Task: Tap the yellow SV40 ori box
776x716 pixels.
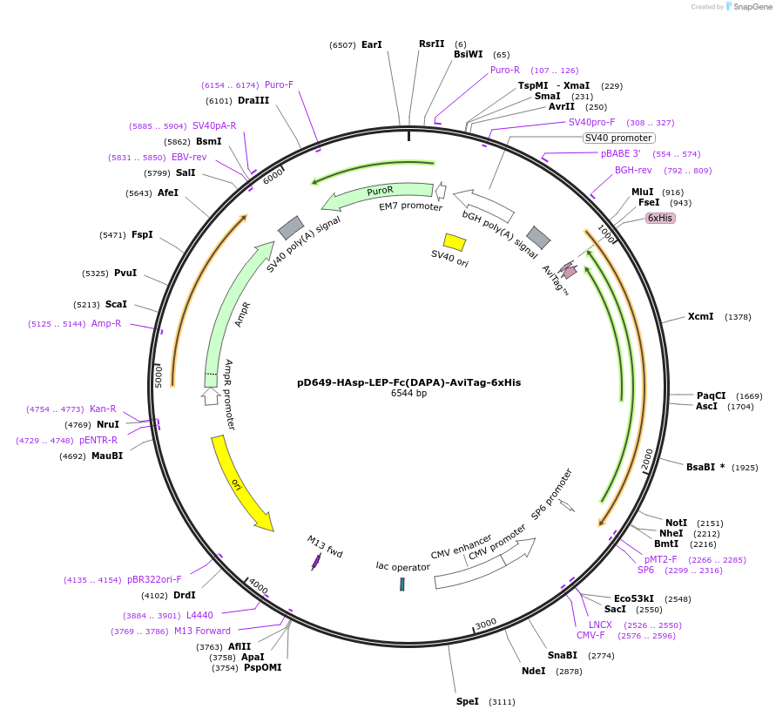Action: click(454, 241)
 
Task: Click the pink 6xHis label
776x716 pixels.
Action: click(659, 218)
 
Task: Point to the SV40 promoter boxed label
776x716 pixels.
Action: click(618, 138)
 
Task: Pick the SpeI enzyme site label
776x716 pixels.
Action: click(468, 701)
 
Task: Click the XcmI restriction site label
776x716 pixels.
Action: click(700, 317)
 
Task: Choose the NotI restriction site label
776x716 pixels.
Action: click(676, 523)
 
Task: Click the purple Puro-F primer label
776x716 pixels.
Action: click(279, 85)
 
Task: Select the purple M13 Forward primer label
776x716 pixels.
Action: click(202, 631)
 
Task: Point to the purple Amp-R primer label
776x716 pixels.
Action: click(106, 324)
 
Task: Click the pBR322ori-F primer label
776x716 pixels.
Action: click(154, 579)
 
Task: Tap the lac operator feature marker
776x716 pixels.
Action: click(402, 584)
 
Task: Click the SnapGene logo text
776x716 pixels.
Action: click(749, 7)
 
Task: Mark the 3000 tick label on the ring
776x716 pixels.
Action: click(485, 623)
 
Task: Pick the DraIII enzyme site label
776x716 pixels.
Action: click(253, 100)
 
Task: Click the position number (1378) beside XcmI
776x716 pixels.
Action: click(738, 317)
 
